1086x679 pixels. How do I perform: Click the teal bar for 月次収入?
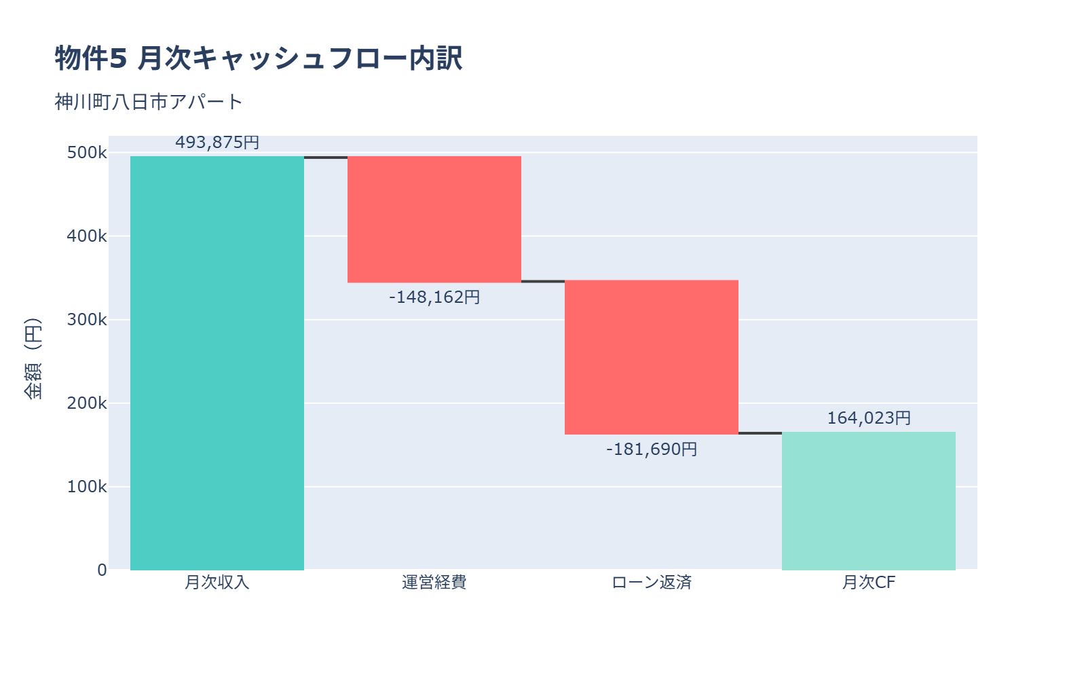tap(217, 363)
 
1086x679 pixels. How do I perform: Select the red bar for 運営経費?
tap(434, 219)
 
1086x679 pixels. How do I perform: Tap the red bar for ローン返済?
tap(652, 357)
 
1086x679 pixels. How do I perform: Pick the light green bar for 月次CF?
tap(869, 501)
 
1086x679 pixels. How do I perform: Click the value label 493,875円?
tap(217, 143)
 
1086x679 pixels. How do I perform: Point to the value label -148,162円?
tap(434, 297)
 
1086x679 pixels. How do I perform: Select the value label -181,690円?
tap(652, 449)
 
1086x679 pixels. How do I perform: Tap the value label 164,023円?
tap(869, 418)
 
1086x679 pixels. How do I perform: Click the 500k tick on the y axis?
tap(87, 153)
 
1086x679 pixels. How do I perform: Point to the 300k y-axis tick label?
tap(87, 320)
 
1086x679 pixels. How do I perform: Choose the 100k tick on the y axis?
tap(87, 487)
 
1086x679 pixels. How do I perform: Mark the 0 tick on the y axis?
tap(102, 570)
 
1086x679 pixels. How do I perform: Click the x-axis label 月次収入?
tap(217, 583)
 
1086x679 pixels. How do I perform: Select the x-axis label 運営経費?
tap(434, 583)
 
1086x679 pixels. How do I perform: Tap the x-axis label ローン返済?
tap(652, 583)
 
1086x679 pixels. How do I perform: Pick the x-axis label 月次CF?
tap(869, 583)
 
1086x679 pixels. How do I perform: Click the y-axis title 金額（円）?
tap(33, 359)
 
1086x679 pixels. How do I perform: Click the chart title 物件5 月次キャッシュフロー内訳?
tap(259, 58)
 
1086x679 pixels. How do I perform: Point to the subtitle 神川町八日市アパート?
tap(149, 102)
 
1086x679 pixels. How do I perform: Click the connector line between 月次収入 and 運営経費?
tap(326, 158)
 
